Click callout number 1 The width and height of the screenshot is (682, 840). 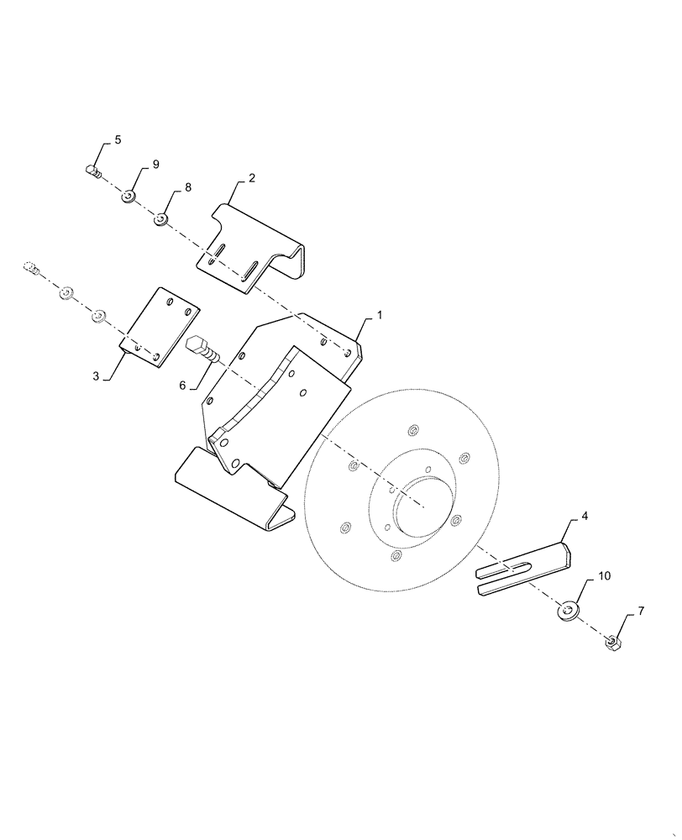coord(380,315)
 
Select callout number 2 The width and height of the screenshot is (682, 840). coord(251,178)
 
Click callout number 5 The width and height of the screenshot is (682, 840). coord(117,140)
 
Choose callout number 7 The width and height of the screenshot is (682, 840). coord(641,612)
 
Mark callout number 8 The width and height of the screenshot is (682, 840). coord(187,187)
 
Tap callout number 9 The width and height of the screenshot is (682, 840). coord(155,165)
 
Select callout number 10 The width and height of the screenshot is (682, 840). coord(605,577)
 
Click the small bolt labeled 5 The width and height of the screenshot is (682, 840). coord(94,172)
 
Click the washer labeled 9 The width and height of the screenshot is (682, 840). coord(129,197)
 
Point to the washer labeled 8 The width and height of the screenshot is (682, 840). coord(160,220)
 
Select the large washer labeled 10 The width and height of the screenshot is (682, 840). coord(570,610)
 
